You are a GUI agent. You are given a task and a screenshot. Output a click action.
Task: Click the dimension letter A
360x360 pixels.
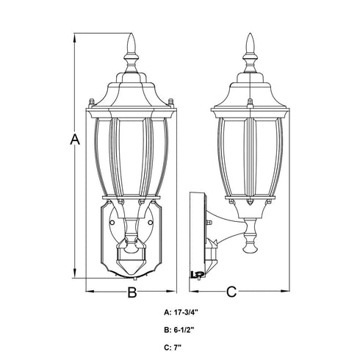pos(75,140)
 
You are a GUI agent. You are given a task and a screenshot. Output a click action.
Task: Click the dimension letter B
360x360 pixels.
pos(132,292)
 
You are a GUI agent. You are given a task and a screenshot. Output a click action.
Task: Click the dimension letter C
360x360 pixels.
pos(231,292)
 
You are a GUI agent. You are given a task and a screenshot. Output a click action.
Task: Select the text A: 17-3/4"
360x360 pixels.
pos(181,313)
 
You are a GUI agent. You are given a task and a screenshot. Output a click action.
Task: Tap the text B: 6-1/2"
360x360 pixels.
pos(179,330)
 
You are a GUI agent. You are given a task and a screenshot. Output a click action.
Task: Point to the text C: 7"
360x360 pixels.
pos(173,348)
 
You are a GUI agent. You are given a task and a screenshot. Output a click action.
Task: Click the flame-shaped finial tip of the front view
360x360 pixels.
pos(132,43)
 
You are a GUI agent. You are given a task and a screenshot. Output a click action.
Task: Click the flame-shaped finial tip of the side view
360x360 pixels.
pos(250,43)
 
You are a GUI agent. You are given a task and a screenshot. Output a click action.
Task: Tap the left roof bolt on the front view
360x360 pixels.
pos(91,103)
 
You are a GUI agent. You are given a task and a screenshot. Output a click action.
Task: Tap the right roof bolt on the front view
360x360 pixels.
pos(171,103)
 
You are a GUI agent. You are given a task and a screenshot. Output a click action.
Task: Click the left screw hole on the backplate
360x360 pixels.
pos(112,223)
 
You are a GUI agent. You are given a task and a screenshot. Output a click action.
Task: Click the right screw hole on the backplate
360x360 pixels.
pos(151,223)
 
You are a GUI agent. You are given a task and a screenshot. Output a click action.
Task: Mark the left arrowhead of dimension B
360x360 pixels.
pos(91,291)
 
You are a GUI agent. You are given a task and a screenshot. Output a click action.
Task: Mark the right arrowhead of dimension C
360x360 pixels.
pos(284,291)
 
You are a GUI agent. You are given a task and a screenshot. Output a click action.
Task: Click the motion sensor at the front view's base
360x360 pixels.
pos(131,258)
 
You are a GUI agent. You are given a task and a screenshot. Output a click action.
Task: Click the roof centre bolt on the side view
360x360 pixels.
pos(250,103)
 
